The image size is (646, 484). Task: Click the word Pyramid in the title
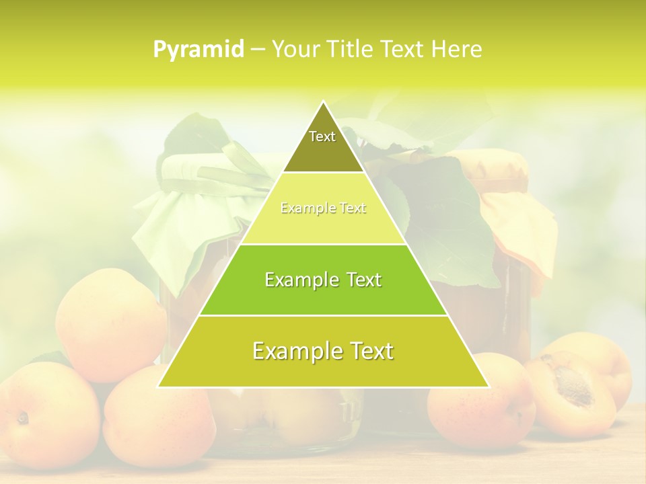[198, 50]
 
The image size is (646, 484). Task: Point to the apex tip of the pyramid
[323, 102]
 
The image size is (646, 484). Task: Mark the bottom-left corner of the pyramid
[158, 387]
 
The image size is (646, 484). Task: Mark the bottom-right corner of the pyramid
[489, 387]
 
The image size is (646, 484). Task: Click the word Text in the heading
[402, 50]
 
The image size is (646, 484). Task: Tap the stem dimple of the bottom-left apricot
[22, 418]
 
